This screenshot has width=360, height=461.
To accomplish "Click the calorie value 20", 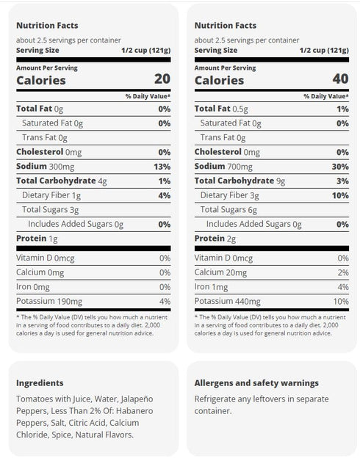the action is pyautogui.click(x=162, y=79).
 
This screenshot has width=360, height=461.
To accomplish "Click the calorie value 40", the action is pyautogui.click(x=341, y=79).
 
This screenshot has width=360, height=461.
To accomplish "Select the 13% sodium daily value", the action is pyautogui.click(x=162, y=167).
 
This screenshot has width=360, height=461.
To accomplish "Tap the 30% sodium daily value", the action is pyautogui.click(x=340, y=167).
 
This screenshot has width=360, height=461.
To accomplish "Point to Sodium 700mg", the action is pyautogui.click(x=223, y=167).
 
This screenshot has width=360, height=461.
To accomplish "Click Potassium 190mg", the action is pyautogui.click(x=49, y=302).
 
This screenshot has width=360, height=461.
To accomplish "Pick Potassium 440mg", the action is pyautogui.click(x=228, y=302).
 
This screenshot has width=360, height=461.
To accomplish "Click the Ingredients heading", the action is pyautogui.click(x=40, y=383).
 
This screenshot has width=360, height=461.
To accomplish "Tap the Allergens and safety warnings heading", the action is pyautogui.click(x=256, y=383).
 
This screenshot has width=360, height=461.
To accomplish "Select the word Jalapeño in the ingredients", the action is pyautogui.click(x=137, y=399).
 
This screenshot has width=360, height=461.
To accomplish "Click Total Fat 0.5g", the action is pyautogui.click(x=221, y=109).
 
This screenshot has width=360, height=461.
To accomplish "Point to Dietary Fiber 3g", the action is pyautogui.click(x=230, y=195).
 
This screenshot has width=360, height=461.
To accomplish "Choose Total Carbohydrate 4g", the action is pyautogui.click(x=62, y=181).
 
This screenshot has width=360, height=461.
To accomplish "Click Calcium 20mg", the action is pyautogui.click(x=220, y=272).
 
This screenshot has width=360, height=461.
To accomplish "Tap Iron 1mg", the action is pyautogui.click(x=211, y=287).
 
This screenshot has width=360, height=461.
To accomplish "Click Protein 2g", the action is pyautogui.click(x=215, y=239).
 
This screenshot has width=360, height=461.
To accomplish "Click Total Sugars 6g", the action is pyautogui.click(x=228, y=210).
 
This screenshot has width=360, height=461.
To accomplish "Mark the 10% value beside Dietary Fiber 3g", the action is pyautogui.click(x=341, y=195).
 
